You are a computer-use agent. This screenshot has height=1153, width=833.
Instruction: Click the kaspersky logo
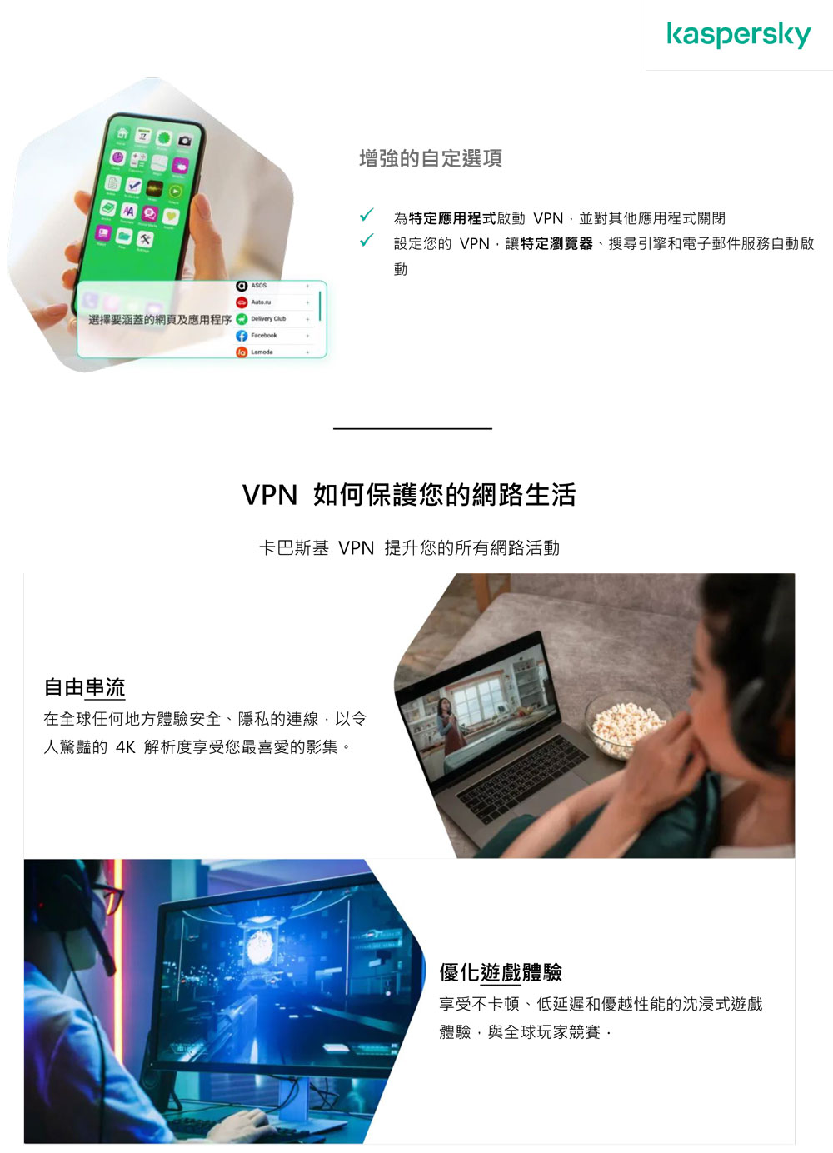738,34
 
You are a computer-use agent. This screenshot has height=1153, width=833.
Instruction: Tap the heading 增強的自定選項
430,158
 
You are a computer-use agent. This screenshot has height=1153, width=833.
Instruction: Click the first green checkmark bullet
365,216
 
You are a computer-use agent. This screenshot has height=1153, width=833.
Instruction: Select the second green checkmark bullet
365,241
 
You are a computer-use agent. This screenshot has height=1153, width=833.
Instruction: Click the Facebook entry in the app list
263,336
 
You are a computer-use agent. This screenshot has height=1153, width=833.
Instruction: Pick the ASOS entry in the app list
258,286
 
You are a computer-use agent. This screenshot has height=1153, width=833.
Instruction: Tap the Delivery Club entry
267,319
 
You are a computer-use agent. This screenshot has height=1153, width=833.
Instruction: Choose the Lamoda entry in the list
262,352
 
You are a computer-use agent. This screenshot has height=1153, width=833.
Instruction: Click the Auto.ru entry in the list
261,302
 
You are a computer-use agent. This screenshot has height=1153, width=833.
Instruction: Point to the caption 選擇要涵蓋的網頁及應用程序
160,320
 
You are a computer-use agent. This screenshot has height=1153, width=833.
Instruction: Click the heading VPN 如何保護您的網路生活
409,495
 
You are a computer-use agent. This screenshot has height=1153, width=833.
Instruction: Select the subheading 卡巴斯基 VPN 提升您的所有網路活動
409,548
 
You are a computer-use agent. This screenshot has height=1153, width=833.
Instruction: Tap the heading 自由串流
84,687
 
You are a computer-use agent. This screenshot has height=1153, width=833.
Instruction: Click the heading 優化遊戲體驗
501,972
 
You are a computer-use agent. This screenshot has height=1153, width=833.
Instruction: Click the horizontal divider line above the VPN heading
412,428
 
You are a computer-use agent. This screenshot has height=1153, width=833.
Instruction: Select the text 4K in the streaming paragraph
125,747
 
